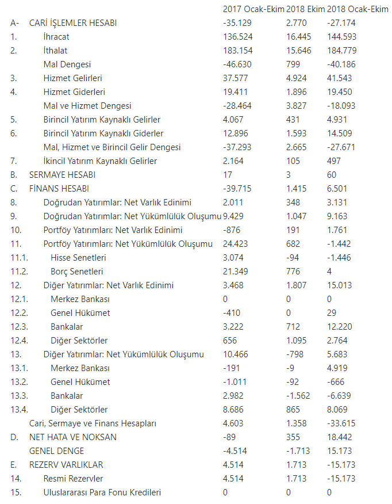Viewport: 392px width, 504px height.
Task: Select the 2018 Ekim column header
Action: pos(305,9)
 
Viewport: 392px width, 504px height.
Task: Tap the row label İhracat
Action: pos(56,37)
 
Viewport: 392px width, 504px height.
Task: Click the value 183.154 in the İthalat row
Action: pos(237,51)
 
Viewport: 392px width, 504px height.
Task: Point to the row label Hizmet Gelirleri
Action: pos(72,78)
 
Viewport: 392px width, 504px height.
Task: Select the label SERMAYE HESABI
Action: pos(62,174)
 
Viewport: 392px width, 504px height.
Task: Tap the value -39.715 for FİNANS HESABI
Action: pos(238,188)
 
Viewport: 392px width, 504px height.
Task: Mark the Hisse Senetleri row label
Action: pos(78,257)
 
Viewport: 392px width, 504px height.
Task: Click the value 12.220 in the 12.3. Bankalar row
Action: pos(340,326)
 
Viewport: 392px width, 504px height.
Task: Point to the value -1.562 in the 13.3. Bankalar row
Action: pos(298,395)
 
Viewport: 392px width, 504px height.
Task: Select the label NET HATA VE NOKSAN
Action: pos(72,437)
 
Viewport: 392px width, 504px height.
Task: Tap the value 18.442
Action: pos(340,437)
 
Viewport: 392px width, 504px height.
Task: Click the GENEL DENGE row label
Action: pos(56,450)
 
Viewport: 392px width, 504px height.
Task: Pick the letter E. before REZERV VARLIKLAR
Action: pos(13,464)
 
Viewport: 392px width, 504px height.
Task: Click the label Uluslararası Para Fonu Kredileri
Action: pos(102,492)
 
